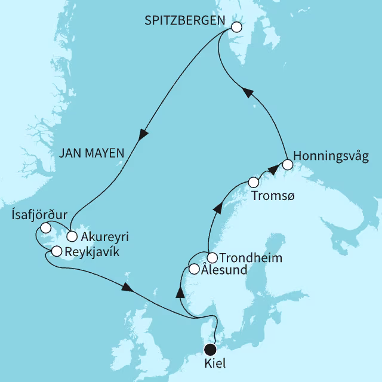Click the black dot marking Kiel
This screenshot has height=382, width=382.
210,350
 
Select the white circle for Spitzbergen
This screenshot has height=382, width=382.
236,27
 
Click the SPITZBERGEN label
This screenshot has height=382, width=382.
185,21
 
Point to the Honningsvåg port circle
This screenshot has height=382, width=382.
288,164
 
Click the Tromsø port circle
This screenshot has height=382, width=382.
254,181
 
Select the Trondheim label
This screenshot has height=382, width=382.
251,258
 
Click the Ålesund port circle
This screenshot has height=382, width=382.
194,269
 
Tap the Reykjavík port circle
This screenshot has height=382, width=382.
57,251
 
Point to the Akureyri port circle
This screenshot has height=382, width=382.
72,235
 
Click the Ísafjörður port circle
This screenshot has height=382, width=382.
45,227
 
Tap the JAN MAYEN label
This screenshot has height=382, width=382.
91,153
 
